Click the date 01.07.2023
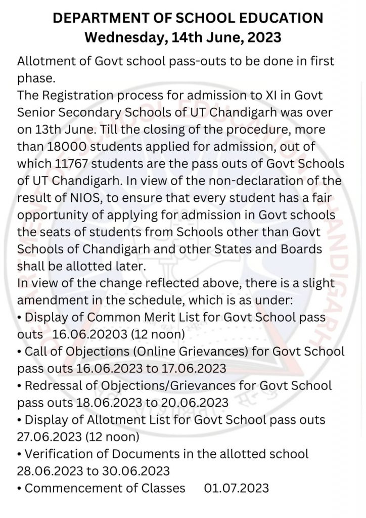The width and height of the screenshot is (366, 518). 236,488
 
